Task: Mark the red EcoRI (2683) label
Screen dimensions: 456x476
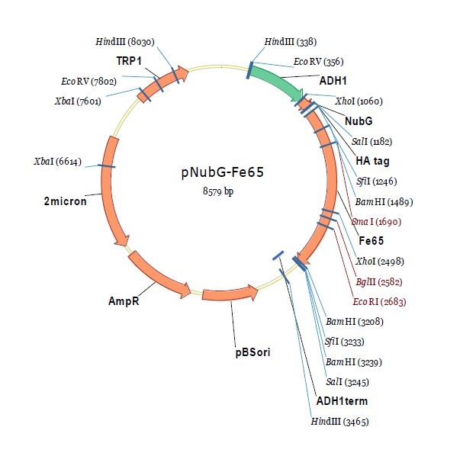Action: click(x=379, y=301)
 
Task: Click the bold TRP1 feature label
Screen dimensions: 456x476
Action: click(x=129, y=60)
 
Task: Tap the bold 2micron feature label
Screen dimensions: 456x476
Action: click(x=65, y=201)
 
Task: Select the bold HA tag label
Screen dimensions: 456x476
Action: click(x=373, y=161)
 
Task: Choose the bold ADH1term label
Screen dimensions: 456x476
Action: click(x=341, y=400)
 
